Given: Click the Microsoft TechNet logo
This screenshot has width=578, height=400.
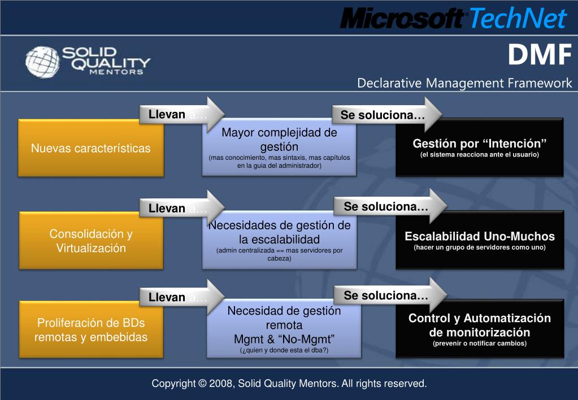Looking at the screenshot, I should point(453,19).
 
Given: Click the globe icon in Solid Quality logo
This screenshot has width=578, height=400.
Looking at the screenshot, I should point(42,61).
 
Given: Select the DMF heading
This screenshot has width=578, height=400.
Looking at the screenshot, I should point(539,55).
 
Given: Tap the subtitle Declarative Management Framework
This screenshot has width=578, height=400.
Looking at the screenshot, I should point(464,84).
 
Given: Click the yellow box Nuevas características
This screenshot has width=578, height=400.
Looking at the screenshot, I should point(91,149).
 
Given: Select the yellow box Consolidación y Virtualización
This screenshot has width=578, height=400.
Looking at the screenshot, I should point(91,241).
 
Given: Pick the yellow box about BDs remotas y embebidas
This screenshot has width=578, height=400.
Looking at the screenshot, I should point(91,330).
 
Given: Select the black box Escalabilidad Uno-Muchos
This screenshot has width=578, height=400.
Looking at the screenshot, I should point(479,241).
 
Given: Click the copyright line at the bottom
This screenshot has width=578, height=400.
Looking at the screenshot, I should point(289,384).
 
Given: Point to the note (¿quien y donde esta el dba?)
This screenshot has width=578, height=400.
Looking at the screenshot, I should point(284,350).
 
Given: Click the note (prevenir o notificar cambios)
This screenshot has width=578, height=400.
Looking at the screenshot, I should point(479,344).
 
